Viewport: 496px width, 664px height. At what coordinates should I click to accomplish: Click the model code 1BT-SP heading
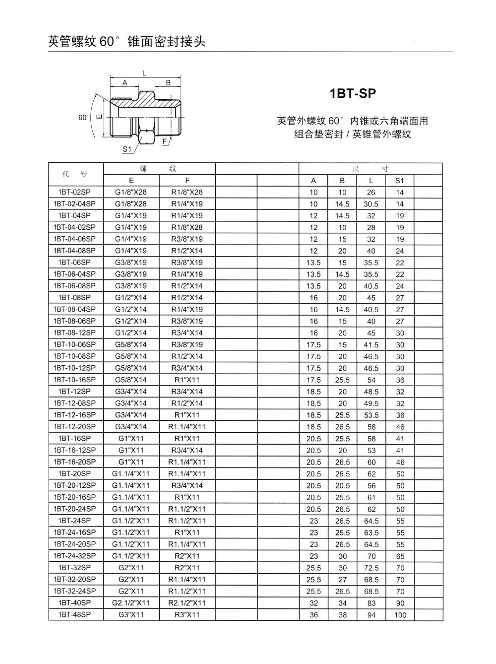coord(353,93)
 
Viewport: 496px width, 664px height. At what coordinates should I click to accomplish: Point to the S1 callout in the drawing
coord(127,148)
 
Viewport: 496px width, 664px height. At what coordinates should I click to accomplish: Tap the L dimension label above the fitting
coord(144,73)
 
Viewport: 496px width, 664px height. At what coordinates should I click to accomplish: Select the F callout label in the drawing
coord(164,141)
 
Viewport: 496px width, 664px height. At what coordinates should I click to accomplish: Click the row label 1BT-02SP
coord(75,192)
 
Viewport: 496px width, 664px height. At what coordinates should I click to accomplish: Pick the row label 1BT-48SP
coord(75,614)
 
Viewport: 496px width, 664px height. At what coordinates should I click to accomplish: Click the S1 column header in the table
coord(400,181)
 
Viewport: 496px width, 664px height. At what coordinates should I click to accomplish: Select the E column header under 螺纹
coord(131,181)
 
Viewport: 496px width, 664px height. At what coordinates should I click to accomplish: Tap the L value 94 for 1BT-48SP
coord(371,615)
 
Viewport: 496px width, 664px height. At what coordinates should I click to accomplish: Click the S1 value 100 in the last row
coord(400,615)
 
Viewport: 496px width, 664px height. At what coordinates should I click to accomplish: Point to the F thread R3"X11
coord(187,614)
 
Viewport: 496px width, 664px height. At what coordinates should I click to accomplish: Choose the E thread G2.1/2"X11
coord(131,602)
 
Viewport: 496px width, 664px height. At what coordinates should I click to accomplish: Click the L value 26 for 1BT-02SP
coord(371,193)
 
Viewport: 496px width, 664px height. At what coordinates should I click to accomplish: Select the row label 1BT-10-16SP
coord(75,380)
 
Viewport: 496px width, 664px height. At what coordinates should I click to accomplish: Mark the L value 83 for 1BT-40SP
coord(371,603)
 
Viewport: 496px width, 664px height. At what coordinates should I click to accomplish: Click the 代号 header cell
coord(75,174)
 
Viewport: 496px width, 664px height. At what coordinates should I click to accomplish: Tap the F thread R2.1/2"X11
coord(187,602)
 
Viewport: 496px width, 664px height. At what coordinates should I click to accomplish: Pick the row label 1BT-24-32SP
coord(75,556)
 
